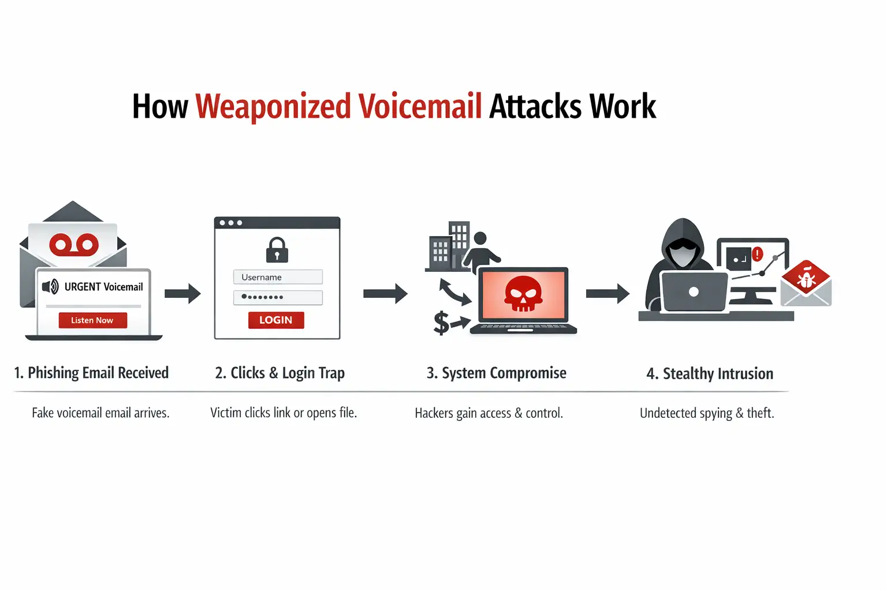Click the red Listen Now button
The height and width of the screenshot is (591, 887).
pyautogui.click(x=92, y=320)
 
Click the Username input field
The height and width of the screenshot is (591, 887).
pyautogui.click(x=278, y=277)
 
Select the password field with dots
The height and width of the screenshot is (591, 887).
pyautogui.click(x=278, y=297)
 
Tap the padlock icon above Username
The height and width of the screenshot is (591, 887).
pyautogui.click(x=277, y=250)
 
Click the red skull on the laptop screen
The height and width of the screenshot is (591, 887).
pyautogui.click(x=523, y=294)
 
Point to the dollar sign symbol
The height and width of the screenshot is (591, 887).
pyautogui.click(x=441, y=323)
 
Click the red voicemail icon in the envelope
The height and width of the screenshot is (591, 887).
pyautogui.click(x=74, y=245)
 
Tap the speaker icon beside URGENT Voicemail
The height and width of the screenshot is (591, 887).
pyautogui.click(x=51, y=286)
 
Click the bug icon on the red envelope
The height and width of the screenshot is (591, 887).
pyautogui.click(x=806, y=280)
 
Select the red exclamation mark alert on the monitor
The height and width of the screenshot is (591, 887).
pyautogui.click(x=758, y=253)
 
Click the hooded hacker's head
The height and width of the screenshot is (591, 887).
pyautogui.click(x=683, y=245)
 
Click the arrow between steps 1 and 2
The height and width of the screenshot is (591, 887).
pyautogui.click(x=182, y=294)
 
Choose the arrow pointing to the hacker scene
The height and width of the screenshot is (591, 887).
pyautogui.click(x=608, y=294)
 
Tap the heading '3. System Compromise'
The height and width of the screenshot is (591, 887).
pyautogui.click(x=496, y=373)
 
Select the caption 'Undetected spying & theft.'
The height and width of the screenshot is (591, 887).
pyautogui.click(x=707, y=413)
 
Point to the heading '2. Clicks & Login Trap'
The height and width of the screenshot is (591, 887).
pyautogui.click(x=279, y=373)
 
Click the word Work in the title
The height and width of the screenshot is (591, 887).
pyautogui.click(x=623, y=107)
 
